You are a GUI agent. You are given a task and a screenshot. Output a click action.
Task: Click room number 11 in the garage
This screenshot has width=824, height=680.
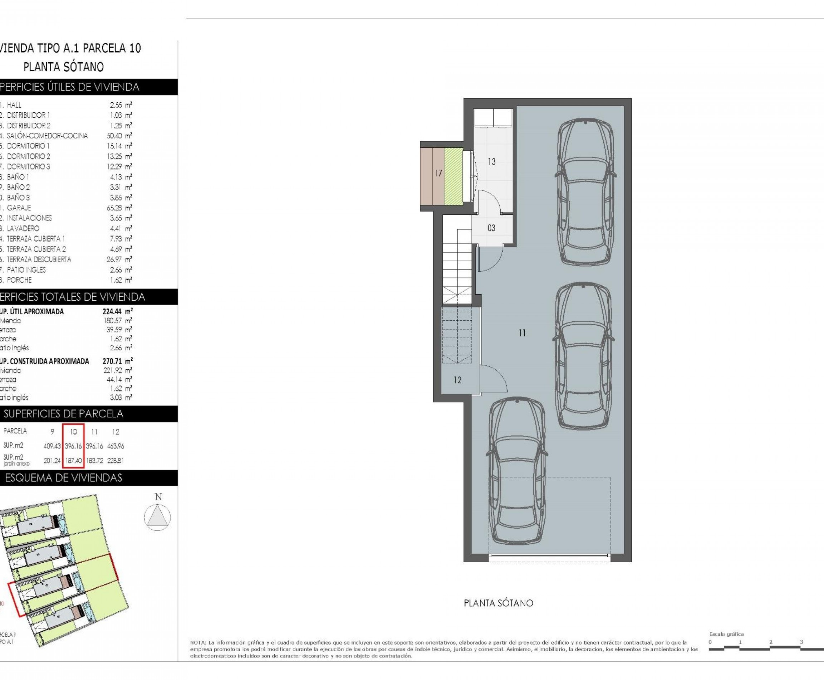click(522, 333)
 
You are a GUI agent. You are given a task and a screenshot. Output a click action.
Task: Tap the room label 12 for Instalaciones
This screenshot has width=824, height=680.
click(457, 380)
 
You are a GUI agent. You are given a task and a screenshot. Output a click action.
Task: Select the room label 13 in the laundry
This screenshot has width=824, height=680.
click(492, 162)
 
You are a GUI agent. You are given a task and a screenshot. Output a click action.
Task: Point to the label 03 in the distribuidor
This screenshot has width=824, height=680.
click(491, 228)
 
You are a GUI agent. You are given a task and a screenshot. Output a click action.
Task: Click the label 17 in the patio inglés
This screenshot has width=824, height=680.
click(438, 173)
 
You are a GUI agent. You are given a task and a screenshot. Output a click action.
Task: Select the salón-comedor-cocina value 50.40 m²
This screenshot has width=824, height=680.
click(119, 136)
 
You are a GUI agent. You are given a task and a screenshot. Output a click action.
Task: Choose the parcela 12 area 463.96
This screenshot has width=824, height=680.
click(116, 446)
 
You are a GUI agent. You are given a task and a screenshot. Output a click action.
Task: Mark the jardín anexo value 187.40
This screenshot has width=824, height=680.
click(74, 461)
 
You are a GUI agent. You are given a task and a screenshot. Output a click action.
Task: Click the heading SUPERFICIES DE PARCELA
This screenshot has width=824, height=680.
click(63, 414)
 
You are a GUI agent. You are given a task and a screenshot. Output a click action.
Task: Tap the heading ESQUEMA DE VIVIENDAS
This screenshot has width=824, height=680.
click(63, 478)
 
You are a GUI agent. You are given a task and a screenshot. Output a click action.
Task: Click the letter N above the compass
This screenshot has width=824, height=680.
click(158, 497)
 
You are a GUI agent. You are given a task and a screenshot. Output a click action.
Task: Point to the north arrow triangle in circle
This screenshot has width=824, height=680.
click(157, 518)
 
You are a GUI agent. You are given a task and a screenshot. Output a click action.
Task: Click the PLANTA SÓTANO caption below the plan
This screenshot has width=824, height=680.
click(498, 603)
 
